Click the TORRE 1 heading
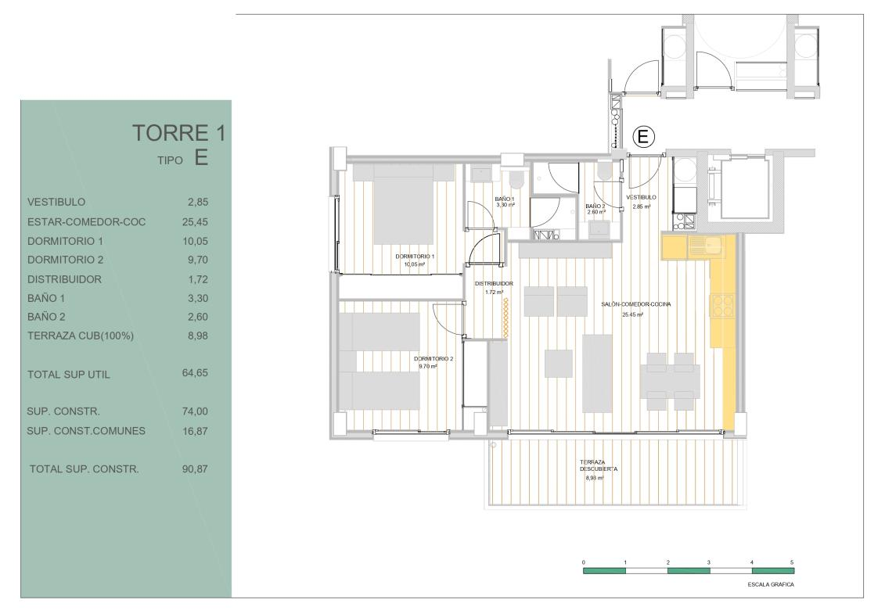tap(179, 133)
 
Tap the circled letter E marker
tap(643, 137)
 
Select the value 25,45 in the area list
tap(195, 222)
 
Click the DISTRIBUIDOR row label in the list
tap(64, 279)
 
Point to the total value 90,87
tap(195, 469)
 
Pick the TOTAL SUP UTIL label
tap(68, 374)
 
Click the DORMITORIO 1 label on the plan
tap(415, 257)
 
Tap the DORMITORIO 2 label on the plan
tap(434, 359)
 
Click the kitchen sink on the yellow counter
tap(704, 246)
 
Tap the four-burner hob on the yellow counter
tap(722, 307)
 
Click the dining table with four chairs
tap(670, 382)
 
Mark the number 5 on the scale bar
tap(792, 562)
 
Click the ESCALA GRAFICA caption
tap(771, 584)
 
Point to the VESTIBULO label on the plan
tap(641, 198)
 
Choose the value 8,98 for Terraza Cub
tap(197, 336)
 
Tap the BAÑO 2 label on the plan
tap(595, 206)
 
